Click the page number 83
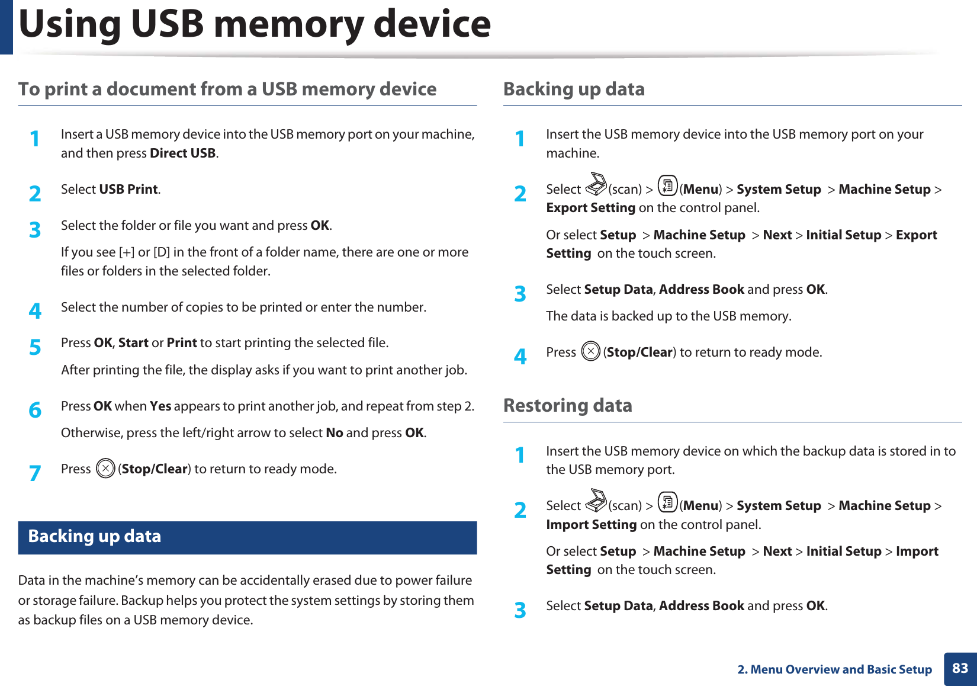pyautogui.click(x=960, y=668)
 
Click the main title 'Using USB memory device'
pyautogui.click(x=255, y=25)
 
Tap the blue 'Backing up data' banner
pyautogui.click(x=247, y=537)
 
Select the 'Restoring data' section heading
pyautogui.click(x=567, y=406)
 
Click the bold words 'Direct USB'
pyautogui.click(x=182, y=153)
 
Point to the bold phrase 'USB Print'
pyautogui.click(x=128, y=190)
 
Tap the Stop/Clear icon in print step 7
pyautogui.click(x=105, y=469)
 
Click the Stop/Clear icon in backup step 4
pyautogui.click(x=590, y=352)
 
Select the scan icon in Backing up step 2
pyautogui.click(x=596, y=185)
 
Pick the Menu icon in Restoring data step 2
pyautogui.click(x=667, y=502)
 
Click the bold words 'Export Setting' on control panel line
pyautogui.click(x=590, y=208)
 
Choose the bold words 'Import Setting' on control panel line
pyautogui.click(x=591, y=525)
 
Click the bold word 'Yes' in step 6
pyautogui.click(x=160, y=406)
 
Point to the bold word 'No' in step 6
pyautogui.click(x=335, y=433)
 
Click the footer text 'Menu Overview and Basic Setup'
pyautogui.click(x=841, y=669)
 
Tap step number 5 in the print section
pyautogui.click(x=36, y=347)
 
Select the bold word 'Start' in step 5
pyautogui.click(x=133, y=343)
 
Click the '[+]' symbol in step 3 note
pyautogui.click(x=127, y=252)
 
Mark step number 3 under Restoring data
pyautogui.click(x=520, y=610)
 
